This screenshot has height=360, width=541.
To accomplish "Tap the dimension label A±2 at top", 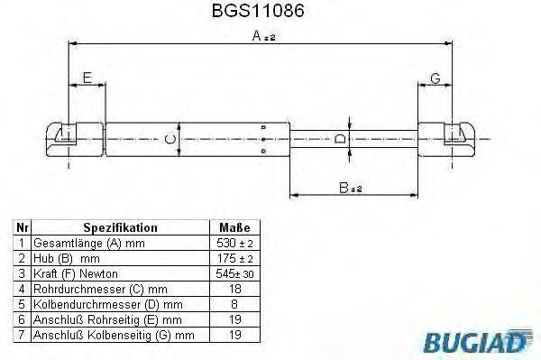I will point(263,36).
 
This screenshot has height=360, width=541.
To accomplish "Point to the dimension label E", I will point(87,78).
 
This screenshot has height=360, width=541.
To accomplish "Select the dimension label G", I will point(435,78).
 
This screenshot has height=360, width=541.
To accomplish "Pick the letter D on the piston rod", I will point(339,139).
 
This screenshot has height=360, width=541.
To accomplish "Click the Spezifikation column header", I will point(120,228).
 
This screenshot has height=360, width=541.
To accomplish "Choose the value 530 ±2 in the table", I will point(235,244).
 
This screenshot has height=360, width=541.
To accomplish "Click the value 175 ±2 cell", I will point(235,259).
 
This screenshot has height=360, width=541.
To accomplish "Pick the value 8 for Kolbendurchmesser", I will point(235,305).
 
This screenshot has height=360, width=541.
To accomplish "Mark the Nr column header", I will point(21,228).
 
